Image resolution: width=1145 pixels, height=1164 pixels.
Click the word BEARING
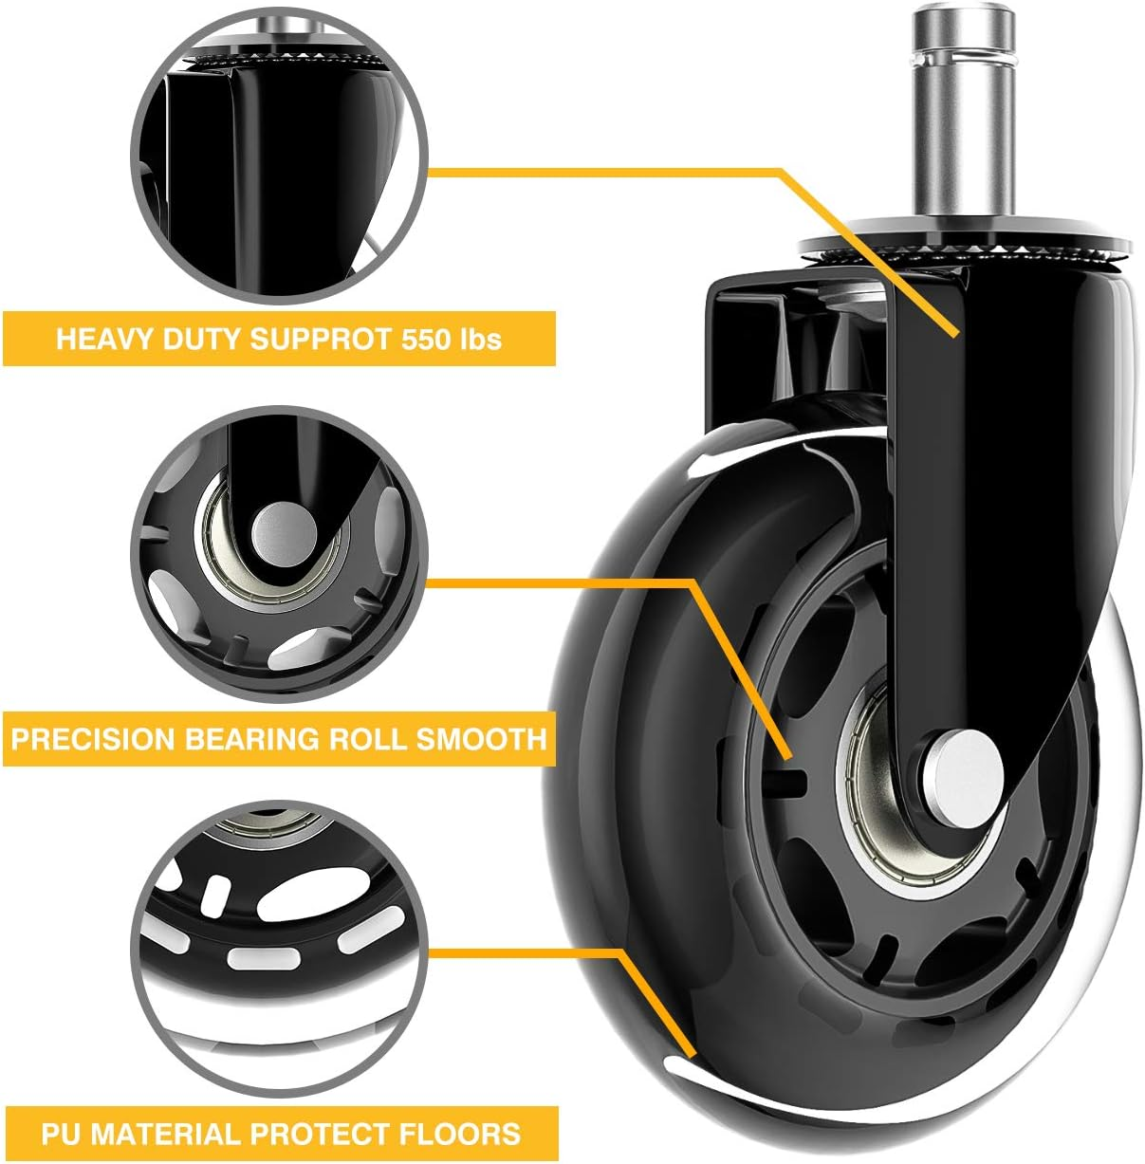252,739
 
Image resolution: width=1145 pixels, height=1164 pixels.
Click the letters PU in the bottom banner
60,1134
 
